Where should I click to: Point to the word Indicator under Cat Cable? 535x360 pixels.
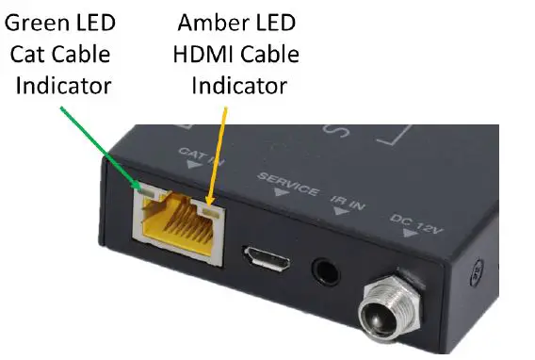click(x=63, y=85)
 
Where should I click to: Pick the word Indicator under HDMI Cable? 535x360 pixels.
click(x=238, y=85)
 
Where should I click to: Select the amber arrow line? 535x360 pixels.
click(x=218, y=151)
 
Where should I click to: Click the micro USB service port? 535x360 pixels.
click(x=267, y=256)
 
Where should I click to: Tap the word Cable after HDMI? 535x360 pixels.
click(x=269, y=54)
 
